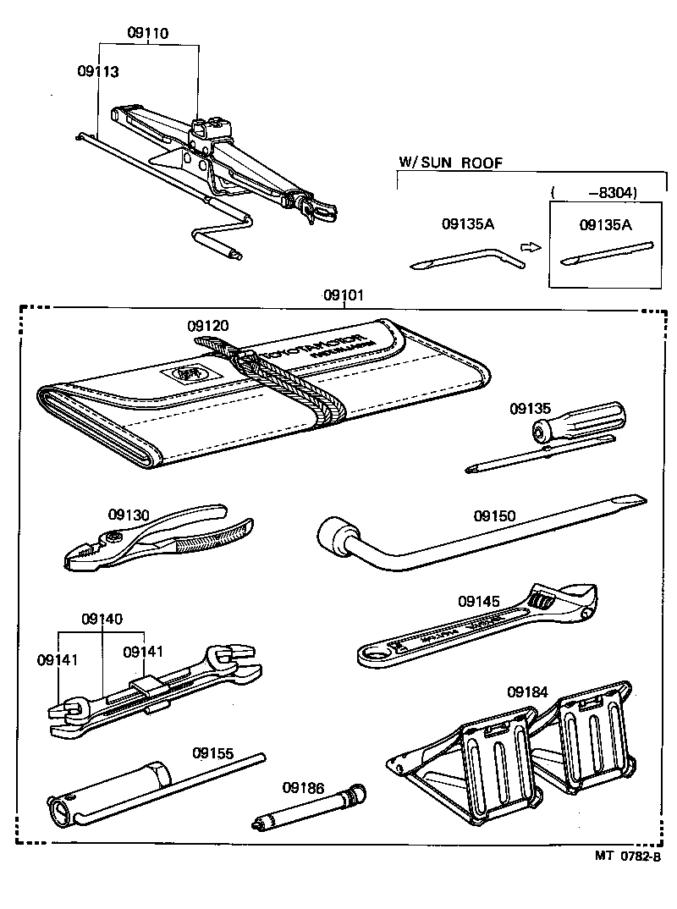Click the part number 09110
(x=148, y=34)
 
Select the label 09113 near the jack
(x=97, y=72)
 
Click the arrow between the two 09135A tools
(x=530, y=247)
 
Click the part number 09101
(x=344, y=295)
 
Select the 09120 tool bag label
(x=208, y=325)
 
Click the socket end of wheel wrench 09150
(x=335, y=539)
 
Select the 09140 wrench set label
(x=102, y=619)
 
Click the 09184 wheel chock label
(x=528, y=691)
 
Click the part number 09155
(x=212, y=752)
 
